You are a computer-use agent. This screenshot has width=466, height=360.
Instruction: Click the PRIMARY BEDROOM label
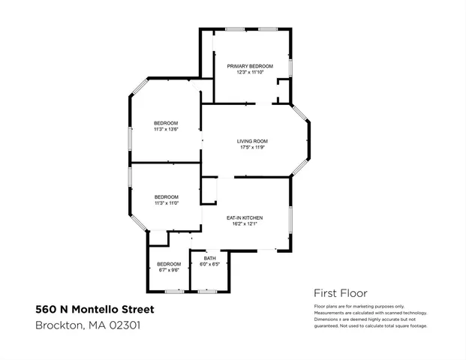pos(250,66)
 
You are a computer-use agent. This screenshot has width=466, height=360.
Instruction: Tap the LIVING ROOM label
pos(252,141)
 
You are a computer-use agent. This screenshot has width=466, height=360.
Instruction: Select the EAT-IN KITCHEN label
pos(245,217)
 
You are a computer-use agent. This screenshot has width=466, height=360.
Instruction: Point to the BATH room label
pos(209,258)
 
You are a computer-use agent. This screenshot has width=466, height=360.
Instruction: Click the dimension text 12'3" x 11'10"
pos(250,73)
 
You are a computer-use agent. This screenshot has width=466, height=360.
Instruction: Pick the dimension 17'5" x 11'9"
pos(252,148)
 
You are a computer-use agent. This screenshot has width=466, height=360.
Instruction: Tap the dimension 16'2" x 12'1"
pos(245,224)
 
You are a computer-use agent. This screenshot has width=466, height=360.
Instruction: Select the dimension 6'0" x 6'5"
pos(209,264)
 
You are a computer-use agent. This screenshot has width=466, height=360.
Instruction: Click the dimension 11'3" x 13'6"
pos(166,129)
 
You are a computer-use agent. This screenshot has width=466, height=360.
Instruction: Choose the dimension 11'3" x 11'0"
pos(166,203)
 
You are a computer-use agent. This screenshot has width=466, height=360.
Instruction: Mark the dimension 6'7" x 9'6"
pos(169,270)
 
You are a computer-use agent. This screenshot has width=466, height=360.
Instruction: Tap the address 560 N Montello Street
pos(95,309)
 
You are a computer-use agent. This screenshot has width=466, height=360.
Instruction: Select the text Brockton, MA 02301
pos(88,325)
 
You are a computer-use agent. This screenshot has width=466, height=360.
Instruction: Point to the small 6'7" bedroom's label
pos(169,264)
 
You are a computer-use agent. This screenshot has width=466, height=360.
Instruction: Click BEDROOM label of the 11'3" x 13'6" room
pos(166,123)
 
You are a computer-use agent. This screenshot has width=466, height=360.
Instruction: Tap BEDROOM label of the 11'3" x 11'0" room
pos(166,196)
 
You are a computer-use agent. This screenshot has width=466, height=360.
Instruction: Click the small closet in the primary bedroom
pos(283,94)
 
